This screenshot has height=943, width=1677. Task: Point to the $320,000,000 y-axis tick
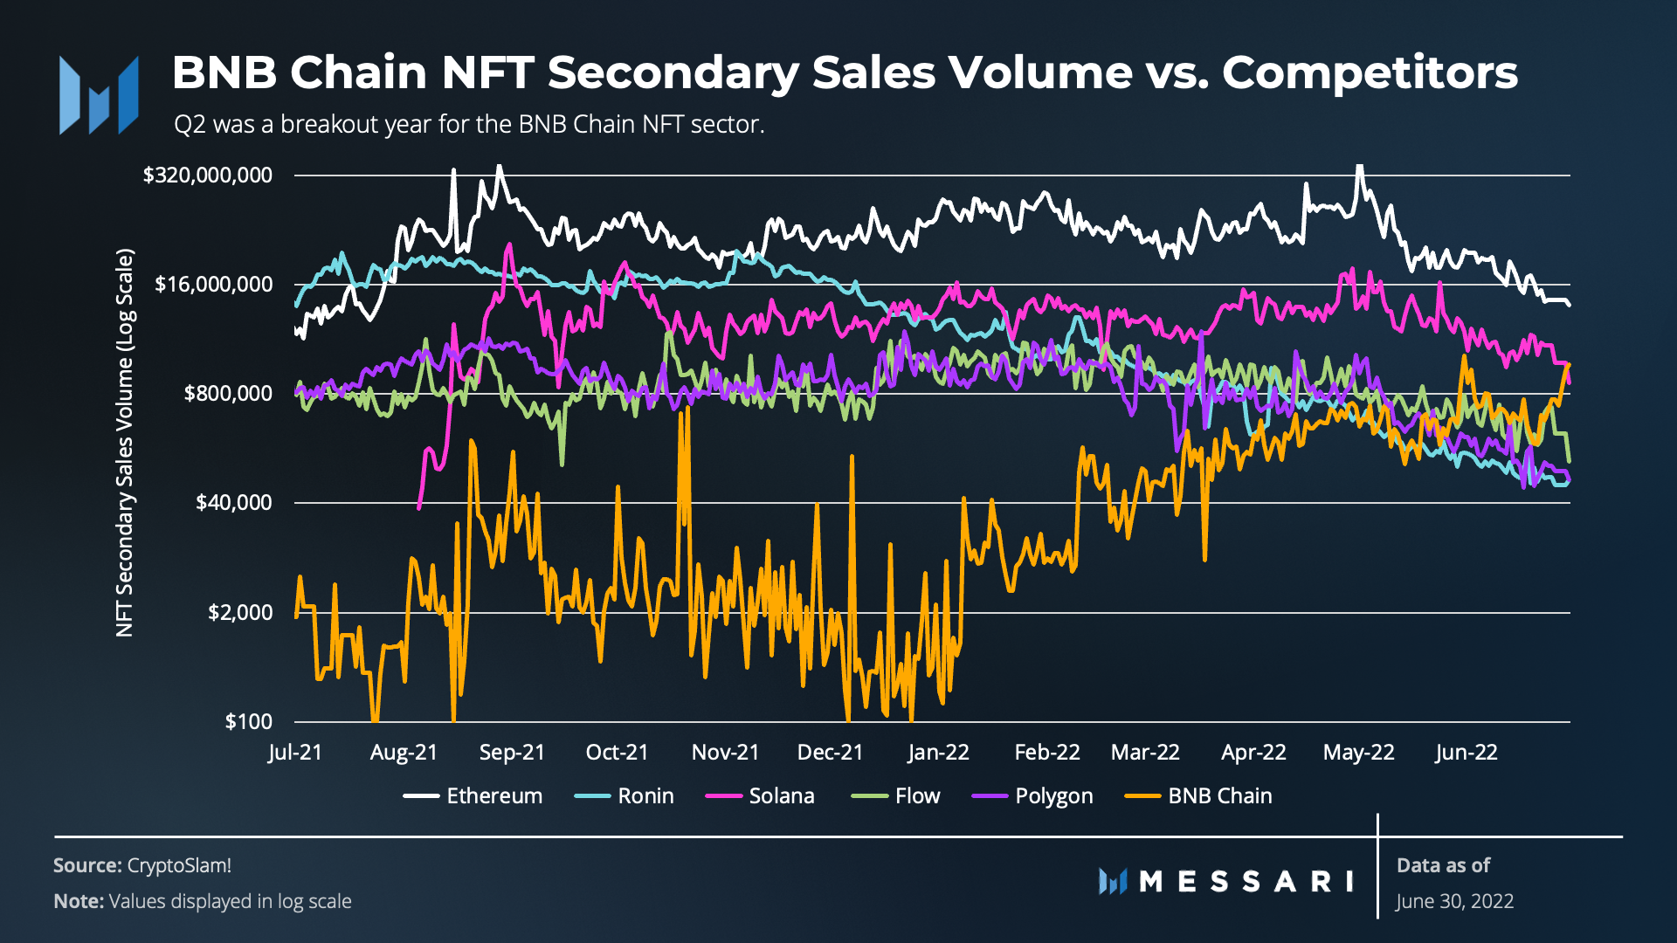pyautogui.click(x=208, y=175)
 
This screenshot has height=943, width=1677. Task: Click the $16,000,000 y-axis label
pyautogui.click(x=213, y=284)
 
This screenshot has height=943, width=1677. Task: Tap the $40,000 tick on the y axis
pyautogui.click(x=233, y=502)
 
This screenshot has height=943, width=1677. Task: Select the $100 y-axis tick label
pyautogui.click(x=249, y=721)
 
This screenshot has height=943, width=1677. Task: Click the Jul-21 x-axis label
pyautogui.click(x=295, y=752)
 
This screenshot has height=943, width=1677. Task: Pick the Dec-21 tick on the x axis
pyautogui.click(x=830, y=752)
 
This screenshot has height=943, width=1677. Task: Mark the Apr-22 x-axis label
pyautogui.click(x=1253, y=752)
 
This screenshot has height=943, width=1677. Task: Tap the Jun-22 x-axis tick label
pyautogui.click(x=1466, y=752)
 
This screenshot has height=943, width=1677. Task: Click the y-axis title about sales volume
pyautogui.click(x=125, y=443)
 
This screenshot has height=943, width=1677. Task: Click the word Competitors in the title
pyautogui.click(x=1370, y=72)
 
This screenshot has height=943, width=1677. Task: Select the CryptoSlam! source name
pyautogui.click(x=179, y=865)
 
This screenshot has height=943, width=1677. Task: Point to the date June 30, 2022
pyautogui.click(x=1454, y=901)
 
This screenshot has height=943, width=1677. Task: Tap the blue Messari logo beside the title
pyautogui.click(x=99, y=95)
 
